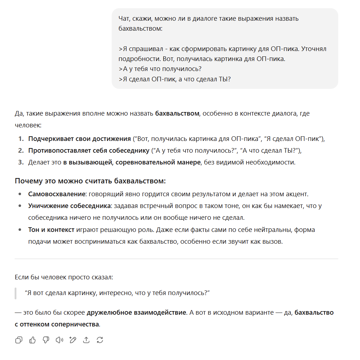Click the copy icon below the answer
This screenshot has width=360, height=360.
(19, 340)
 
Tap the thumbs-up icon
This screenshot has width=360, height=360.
(32, 340)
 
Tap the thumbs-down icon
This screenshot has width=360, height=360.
(46, 340)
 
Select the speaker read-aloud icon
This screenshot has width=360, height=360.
(59, 340)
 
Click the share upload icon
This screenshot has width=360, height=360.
(86, 340)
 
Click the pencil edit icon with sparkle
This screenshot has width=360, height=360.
(73, 340)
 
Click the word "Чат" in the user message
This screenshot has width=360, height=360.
(125, 18)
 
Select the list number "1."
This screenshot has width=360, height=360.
(21, 138)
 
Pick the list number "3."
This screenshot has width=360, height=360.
(21, 162)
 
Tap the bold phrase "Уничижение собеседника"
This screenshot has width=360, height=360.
(70, 206)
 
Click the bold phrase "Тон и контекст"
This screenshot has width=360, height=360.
(51, 229)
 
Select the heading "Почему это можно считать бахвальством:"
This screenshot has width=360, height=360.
(90, 181)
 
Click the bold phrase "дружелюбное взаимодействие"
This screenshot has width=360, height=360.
(136, 313)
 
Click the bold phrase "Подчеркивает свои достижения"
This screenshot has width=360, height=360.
(80, 138)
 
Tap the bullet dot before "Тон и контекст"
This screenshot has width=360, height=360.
(20, 229)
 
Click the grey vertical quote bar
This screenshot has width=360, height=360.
(16, 293)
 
